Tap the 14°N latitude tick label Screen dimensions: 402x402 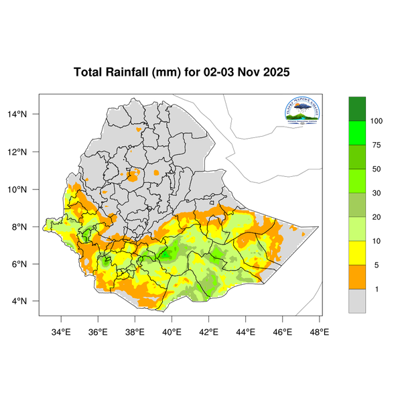coord(26,114)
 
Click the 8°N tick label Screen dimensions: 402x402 coord(28,226)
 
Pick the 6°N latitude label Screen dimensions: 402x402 coord(28,263)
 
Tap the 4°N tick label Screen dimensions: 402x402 coord(28,301)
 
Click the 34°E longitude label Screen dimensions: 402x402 coord(62,330)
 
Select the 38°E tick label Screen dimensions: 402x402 coord(135,330)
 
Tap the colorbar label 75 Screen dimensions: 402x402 coord(377,145)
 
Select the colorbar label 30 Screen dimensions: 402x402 coord(377,193)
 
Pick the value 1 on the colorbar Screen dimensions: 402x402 coord(377,289)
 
